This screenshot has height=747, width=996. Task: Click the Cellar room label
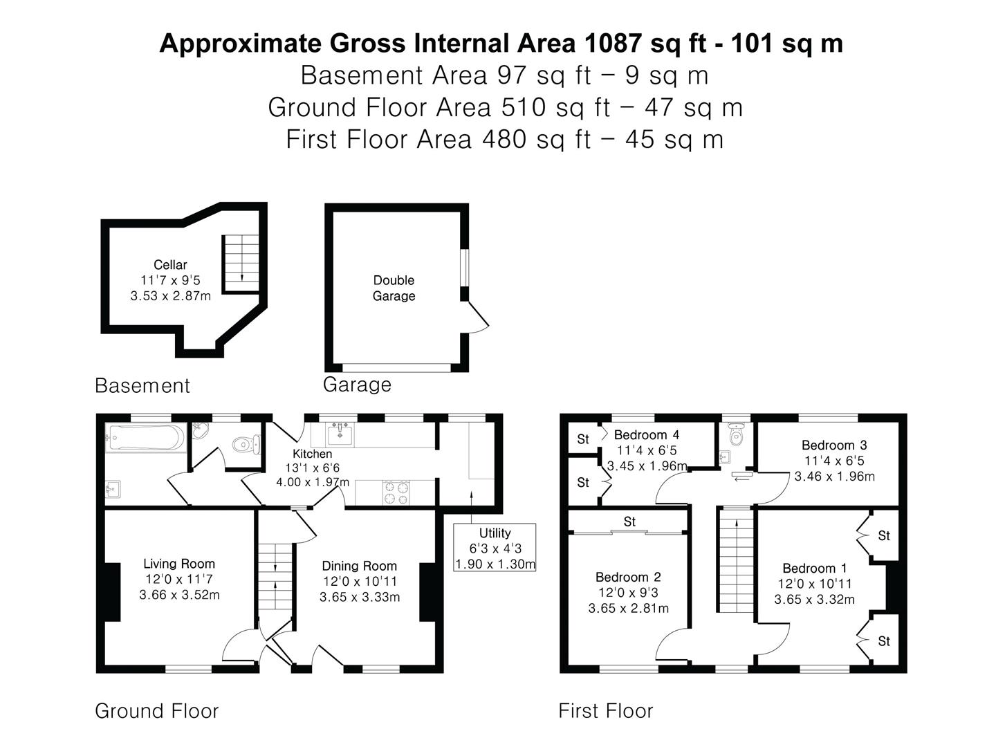[x=170, y=264]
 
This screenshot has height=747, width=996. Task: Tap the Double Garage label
[x=394, y=288]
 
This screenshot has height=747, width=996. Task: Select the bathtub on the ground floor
[x=146, y=438]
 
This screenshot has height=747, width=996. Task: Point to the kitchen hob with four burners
[x=396, y=492]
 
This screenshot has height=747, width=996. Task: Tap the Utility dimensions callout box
[x=495, y=547]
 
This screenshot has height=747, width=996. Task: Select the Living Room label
[x=179, y=564]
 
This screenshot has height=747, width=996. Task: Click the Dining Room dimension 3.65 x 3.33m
[x=360, y=597]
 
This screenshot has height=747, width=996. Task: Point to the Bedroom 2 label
[x=628, y=577]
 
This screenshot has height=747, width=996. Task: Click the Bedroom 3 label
[x=834, y=445]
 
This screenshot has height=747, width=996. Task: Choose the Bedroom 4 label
[x=647, y=435]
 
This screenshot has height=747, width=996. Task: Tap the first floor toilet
[x=736, y=434]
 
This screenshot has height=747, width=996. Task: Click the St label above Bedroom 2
[x=629, y=522]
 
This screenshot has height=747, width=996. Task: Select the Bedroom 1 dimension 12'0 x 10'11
[x=815, y=584]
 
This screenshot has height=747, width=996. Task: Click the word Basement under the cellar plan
[x=142, y=385]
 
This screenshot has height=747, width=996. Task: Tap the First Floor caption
[x=606, y=711]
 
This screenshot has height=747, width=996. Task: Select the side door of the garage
[x=479, y=317]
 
